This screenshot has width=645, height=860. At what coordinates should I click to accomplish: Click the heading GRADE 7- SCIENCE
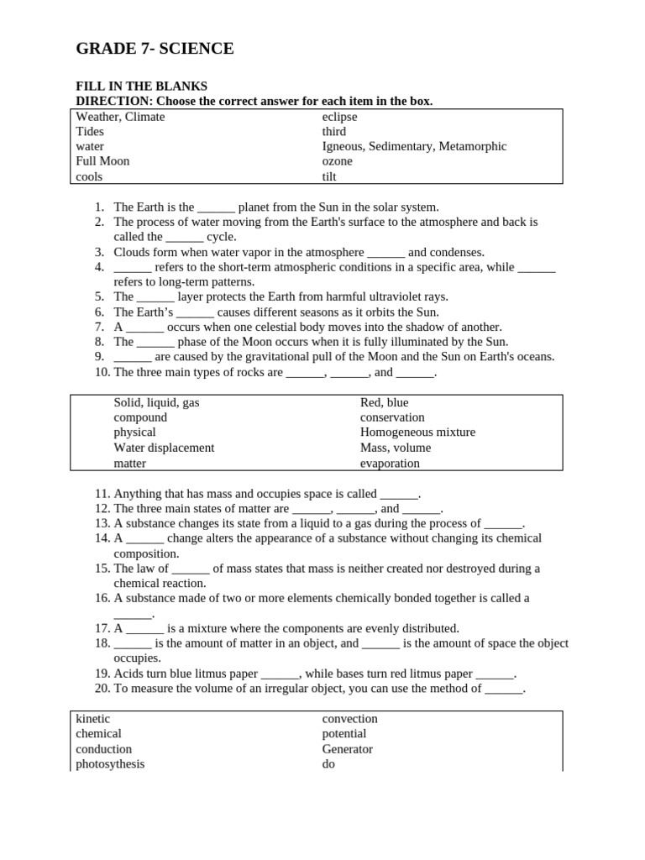(155, 50)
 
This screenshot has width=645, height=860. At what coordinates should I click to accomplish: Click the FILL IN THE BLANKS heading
(141, 87)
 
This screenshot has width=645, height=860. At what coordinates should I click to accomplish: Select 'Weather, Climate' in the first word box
(120, 117)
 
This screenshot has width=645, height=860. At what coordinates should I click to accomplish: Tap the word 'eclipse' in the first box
(339, 117)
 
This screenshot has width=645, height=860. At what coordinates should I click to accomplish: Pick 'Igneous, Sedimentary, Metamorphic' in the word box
(414, 146)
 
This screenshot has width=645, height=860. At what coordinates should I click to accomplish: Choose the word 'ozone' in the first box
(337, 161)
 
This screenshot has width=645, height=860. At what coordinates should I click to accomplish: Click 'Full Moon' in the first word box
(102, 161)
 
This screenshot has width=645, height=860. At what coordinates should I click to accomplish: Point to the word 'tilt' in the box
(329, 176)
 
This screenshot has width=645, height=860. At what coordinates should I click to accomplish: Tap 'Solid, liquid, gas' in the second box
(156, 402)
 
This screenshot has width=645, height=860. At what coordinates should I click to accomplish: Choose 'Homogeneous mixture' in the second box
(417, 433)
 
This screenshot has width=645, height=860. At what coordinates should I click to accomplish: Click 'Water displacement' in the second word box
(164, 448)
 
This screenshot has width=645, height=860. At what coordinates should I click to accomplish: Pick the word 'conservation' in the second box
(392, 417)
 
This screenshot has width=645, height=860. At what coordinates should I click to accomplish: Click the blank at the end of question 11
(398, 495)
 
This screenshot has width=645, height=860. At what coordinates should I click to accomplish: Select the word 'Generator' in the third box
(347, 749)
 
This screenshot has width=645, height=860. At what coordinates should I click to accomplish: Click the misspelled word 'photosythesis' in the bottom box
(110, 764)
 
